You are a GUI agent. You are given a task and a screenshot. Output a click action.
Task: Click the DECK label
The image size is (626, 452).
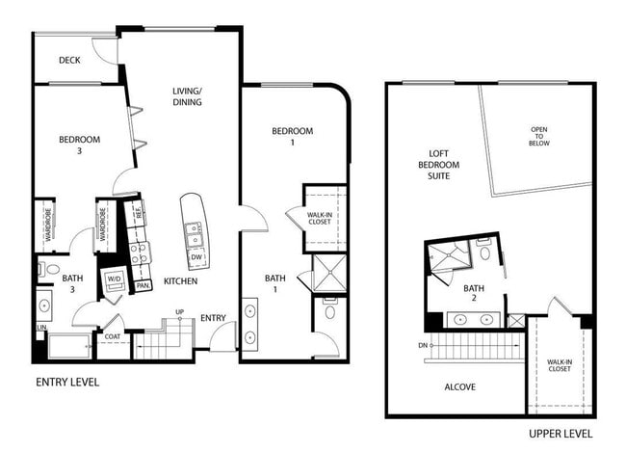pos(69,61)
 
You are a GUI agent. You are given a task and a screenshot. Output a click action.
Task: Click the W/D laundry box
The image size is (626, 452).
pos(114,279)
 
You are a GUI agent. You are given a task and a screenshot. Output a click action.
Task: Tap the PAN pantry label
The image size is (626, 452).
pos(142,286)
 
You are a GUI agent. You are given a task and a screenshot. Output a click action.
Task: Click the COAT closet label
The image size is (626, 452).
pos(113,337)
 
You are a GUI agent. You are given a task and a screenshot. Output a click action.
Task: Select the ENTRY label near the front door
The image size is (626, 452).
pos(213,319)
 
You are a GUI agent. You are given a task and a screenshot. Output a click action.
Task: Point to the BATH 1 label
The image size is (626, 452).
pos(275,284)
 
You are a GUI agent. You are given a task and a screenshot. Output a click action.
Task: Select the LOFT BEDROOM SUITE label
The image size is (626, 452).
pos(445,165)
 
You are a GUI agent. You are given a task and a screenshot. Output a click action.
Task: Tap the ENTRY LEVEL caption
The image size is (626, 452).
pos(67,382)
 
